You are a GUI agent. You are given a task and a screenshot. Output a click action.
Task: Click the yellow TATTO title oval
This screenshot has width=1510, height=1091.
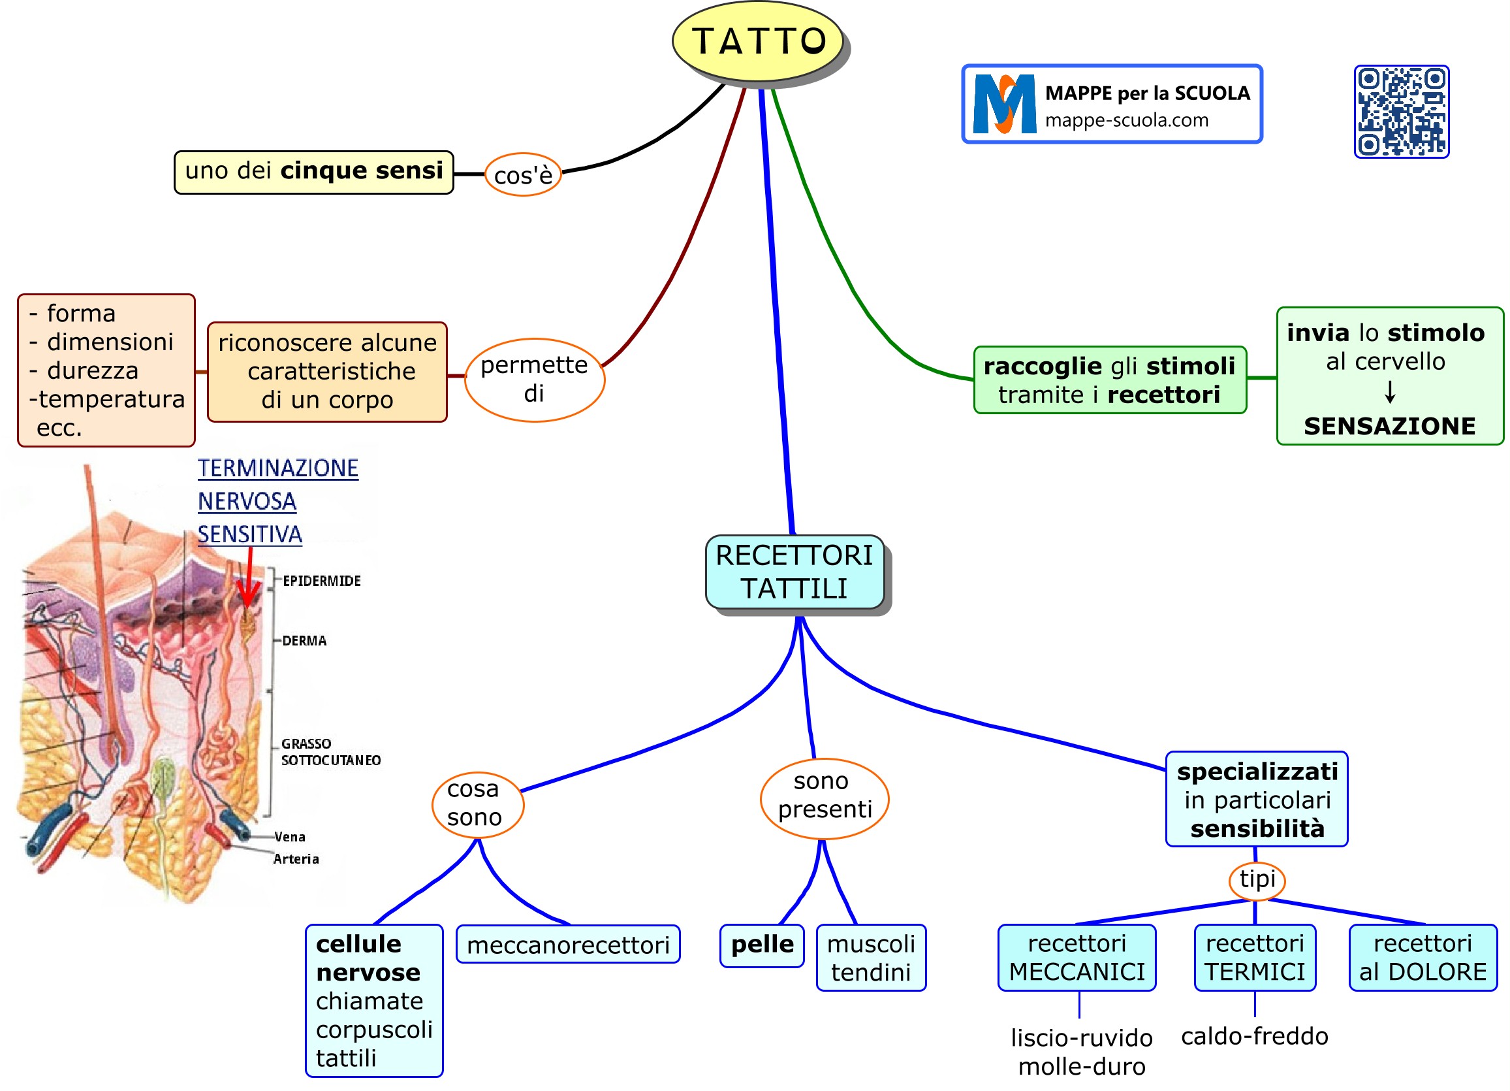click(x=758, y=41)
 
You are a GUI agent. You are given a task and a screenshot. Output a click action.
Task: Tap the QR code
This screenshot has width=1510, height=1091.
click(x=1401, y=111)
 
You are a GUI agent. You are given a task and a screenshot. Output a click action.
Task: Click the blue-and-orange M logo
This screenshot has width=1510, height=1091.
click(x=1004, y=104)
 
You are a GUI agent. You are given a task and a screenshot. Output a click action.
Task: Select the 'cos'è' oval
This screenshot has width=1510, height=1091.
click(x=523, y=174)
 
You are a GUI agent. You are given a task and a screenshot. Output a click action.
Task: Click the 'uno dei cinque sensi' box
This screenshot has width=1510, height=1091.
click(x=313, y=172)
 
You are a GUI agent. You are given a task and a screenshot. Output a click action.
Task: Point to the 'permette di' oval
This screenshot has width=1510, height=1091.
click(x=534, y=379)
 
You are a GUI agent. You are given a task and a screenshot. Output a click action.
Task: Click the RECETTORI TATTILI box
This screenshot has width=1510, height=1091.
click(x=794, y=572)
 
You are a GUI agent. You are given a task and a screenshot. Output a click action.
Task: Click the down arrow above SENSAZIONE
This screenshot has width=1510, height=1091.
click(x=1389, y=393)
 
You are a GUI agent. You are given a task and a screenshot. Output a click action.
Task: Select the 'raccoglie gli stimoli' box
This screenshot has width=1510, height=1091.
click(x=1109, y=380)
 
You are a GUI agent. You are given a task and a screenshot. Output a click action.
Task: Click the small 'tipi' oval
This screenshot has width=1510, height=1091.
click(x=1256, y=879)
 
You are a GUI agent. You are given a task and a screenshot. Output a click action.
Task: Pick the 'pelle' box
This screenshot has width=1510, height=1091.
click(x=762, y=945)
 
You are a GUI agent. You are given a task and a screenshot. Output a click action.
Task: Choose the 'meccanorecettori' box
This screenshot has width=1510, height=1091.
click(x=567, y=945)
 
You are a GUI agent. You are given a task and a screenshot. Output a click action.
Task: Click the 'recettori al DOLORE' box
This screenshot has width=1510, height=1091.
click(x=1422, y=957)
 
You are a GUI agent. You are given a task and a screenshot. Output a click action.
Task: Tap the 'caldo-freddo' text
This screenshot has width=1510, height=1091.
click(x=1253, y=1036)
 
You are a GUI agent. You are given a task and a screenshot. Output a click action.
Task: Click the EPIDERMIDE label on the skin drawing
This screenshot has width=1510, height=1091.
click(x=322, y=581)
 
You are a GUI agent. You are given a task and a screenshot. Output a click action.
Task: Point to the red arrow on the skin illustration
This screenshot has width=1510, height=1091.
click(x=249, y=578)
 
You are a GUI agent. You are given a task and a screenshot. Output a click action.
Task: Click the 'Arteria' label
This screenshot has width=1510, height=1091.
click(x=296, y=859)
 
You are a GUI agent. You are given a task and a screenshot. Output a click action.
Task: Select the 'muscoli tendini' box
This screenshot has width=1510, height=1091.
click(x=870, y=957)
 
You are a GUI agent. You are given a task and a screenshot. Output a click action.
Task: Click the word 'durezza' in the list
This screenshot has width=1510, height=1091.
click(x=93, y=370)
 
